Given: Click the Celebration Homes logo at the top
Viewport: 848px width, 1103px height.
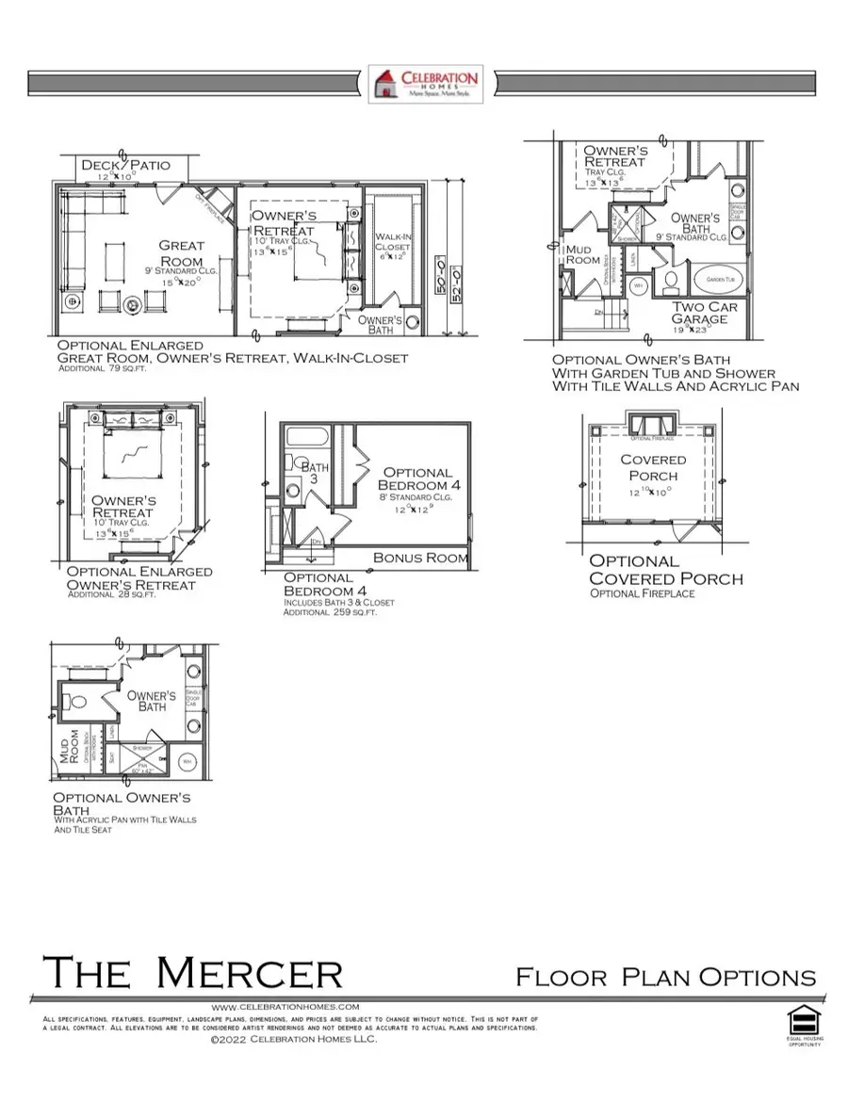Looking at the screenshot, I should pyautogui.click(x=425, y=84).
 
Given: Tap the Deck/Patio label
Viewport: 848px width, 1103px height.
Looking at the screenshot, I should pyautogui.click(x=125, y=166).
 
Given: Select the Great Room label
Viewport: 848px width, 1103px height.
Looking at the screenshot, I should pyautogui.click(x=181, y=253).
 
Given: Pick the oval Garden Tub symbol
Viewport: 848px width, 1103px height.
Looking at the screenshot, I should pyautogui.click(x=724, y=280).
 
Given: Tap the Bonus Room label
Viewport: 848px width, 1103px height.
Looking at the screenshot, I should pyautogui.click(x=420, y=558).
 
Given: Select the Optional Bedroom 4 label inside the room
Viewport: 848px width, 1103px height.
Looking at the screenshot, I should pyautogui.click(x=416, y=479).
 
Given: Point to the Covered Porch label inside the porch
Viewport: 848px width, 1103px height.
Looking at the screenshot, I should pyautogui.click(x=653, y=467).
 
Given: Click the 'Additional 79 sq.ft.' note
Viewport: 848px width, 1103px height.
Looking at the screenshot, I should pyautogui.click(x=103, y=369).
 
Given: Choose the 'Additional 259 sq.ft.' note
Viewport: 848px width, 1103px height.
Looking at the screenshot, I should pyautogui.click(x=330, y=612).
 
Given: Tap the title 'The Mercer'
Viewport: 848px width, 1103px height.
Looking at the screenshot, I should pyautogui.click(x=192, y=972).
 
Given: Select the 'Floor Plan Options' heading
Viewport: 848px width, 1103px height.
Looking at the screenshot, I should pyautogui.click(x=665, y=977).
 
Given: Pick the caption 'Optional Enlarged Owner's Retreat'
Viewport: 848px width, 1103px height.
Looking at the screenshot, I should pyautogui.click(x=139, y=578).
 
